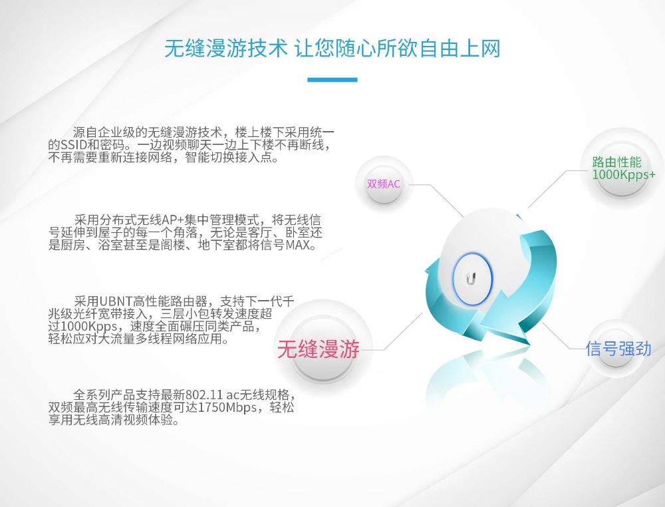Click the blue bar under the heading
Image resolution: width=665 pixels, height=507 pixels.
tap(332, 79)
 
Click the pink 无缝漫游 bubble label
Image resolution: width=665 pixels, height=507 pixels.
tap(318, 349)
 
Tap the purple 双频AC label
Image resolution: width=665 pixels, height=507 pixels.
tap(384, 184)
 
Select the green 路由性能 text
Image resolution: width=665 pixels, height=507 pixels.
tap(616, 162)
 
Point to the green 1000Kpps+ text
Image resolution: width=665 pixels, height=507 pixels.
tap(624, 174)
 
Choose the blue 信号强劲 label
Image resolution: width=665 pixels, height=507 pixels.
tap(618, 349)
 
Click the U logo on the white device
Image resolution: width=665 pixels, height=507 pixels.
tap(471, 279)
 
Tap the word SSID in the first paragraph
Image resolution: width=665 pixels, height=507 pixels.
tap(73, 145)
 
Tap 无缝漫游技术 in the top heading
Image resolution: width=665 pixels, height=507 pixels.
tap(226, 48)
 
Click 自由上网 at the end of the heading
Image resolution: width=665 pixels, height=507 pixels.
tap(460, 48)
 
